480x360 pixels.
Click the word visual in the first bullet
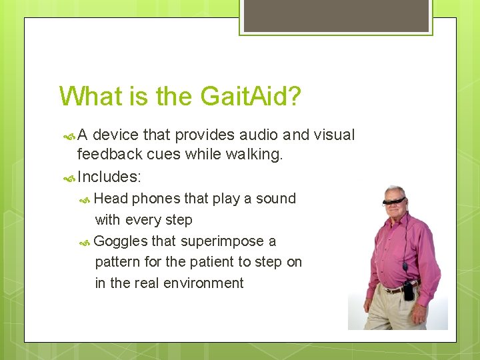click(333, 135)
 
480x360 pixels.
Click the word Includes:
click(109, 177)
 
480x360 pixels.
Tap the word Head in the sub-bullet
click(111, 199)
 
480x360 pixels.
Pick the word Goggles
click(121, 241)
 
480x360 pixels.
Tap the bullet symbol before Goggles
click(85, 242)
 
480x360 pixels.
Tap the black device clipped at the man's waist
click(407, 291)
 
